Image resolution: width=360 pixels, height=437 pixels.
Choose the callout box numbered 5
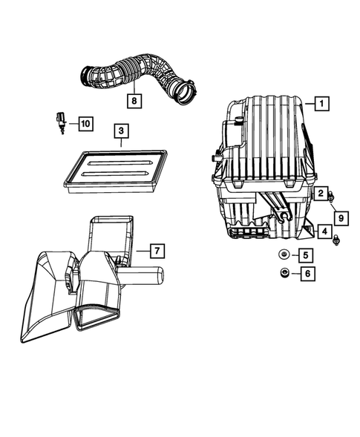click(306, 256)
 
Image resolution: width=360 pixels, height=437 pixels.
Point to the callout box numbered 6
click(306, 275)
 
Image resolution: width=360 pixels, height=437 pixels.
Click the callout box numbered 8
click(134, 98)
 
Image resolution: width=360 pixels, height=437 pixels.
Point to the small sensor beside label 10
click(60, 121)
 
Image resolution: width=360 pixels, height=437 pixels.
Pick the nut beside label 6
click(283, 275)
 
